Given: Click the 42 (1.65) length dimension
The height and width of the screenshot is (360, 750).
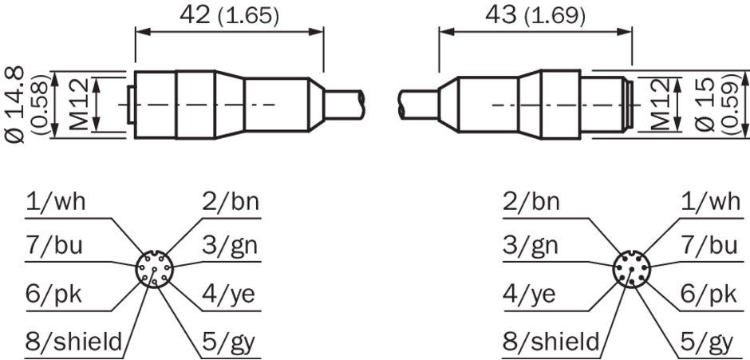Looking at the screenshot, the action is click(229, 16).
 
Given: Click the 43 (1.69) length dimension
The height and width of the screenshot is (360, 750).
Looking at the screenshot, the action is click(535, 16).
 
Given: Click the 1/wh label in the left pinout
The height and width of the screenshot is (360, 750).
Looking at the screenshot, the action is click(56, 202).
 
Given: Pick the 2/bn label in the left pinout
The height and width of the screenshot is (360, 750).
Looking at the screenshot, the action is click(231, 202).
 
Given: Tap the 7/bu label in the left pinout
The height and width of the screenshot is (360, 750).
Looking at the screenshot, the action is click(54, 246).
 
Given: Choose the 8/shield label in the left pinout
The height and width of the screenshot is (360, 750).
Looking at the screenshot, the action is click(74, 342).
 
